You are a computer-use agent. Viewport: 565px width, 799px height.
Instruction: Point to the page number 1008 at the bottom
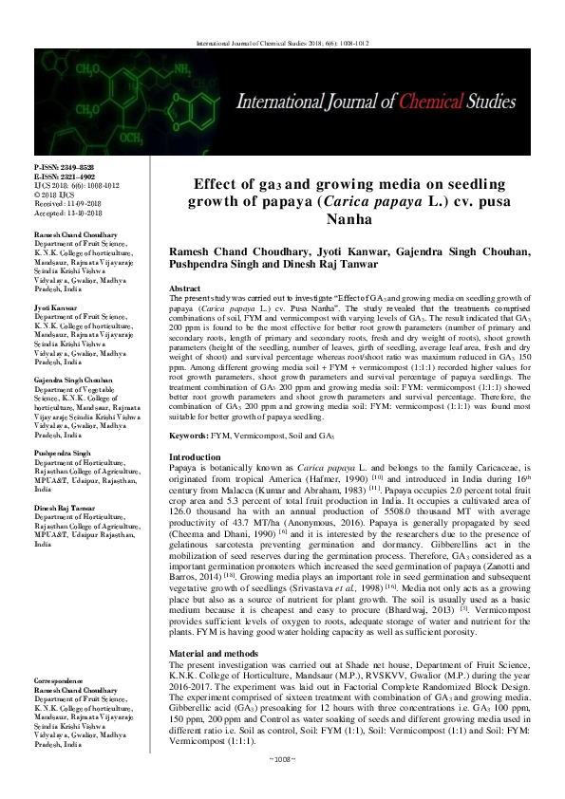(282, 785)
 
